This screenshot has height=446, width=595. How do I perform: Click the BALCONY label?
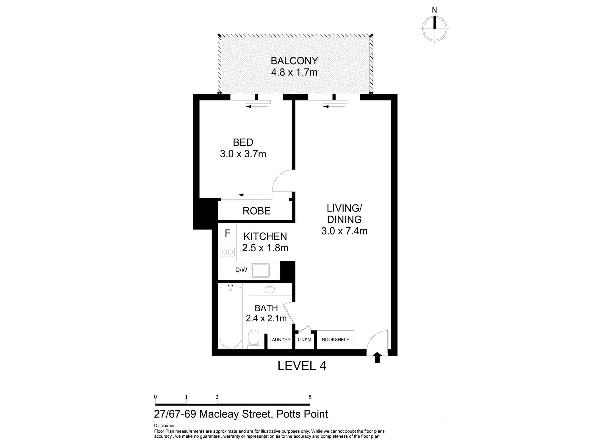[294, 61]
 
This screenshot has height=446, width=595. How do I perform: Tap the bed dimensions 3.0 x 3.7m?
[243, 154]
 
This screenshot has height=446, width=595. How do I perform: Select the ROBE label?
[256, 211]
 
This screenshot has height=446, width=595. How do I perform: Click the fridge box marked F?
[228, 233]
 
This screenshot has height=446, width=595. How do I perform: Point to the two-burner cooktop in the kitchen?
[227, 252]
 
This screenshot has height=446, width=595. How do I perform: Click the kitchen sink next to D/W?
[260, 271]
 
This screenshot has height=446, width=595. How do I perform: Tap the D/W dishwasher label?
[241, 270]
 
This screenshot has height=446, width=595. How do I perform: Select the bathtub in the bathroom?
[231, 317]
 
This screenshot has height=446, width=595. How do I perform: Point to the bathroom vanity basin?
[269, 289]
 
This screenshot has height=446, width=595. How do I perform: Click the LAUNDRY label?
[280, 340]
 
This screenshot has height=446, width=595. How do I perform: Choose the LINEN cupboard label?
[304, 340]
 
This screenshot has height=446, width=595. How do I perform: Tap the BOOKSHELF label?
[335, 340]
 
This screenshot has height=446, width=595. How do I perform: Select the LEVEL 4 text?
[302, 366]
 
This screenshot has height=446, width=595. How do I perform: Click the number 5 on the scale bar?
[310, 397]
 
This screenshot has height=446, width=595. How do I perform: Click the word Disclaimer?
[164, 426]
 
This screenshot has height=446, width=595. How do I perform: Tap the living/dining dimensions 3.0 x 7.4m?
[344, 231]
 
